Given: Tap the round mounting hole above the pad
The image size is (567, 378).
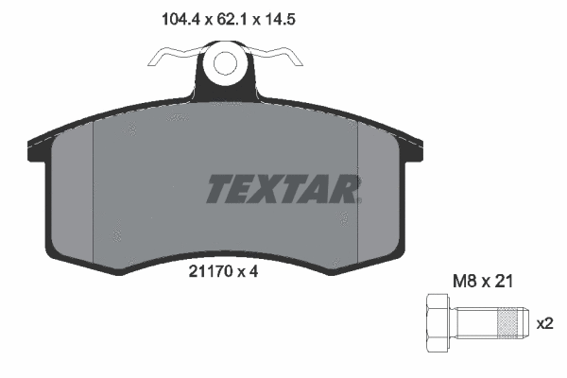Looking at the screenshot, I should click(226, 64).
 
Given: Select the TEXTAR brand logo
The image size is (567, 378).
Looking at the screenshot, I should click(283, 189).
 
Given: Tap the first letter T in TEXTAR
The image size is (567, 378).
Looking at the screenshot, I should click(218, 189).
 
